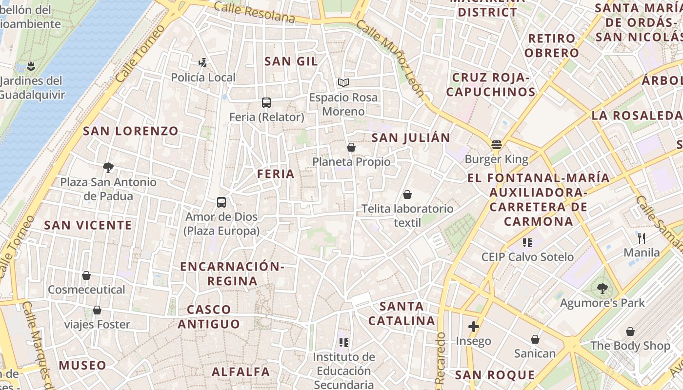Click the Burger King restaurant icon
tap(497, 144)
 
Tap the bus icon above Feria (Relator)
tap(266, 103)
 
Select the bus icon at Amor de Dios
tap(221, 202)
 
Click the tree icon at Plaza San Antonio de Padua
tap(108, 168)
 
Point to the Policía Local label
tap(203, 78)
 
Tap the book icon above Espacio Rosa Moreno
tap(343, 83)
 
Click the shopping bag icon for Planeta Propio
tap(351, 147)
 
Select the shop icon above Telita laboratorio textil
tap(407, 195)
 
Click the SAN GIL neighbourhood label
tap(291, 61)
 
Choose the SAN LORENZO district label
tap(131, 131)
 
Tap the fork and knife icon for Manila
tap(642, 238)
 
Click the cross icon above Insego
tap(473, 327)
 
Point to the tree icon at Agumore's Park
tap(603, 289)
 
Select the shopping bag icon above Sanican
tap(535, 339)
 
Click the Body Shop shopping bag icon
tap(630, 331)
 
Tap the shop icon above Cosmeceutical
tap(86, 275)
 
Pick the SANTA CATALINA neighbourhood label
tap(402, 313)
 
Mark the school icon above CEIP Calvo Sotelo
tap(527, 242)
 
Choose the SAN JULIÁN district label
tap(411, 138)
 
